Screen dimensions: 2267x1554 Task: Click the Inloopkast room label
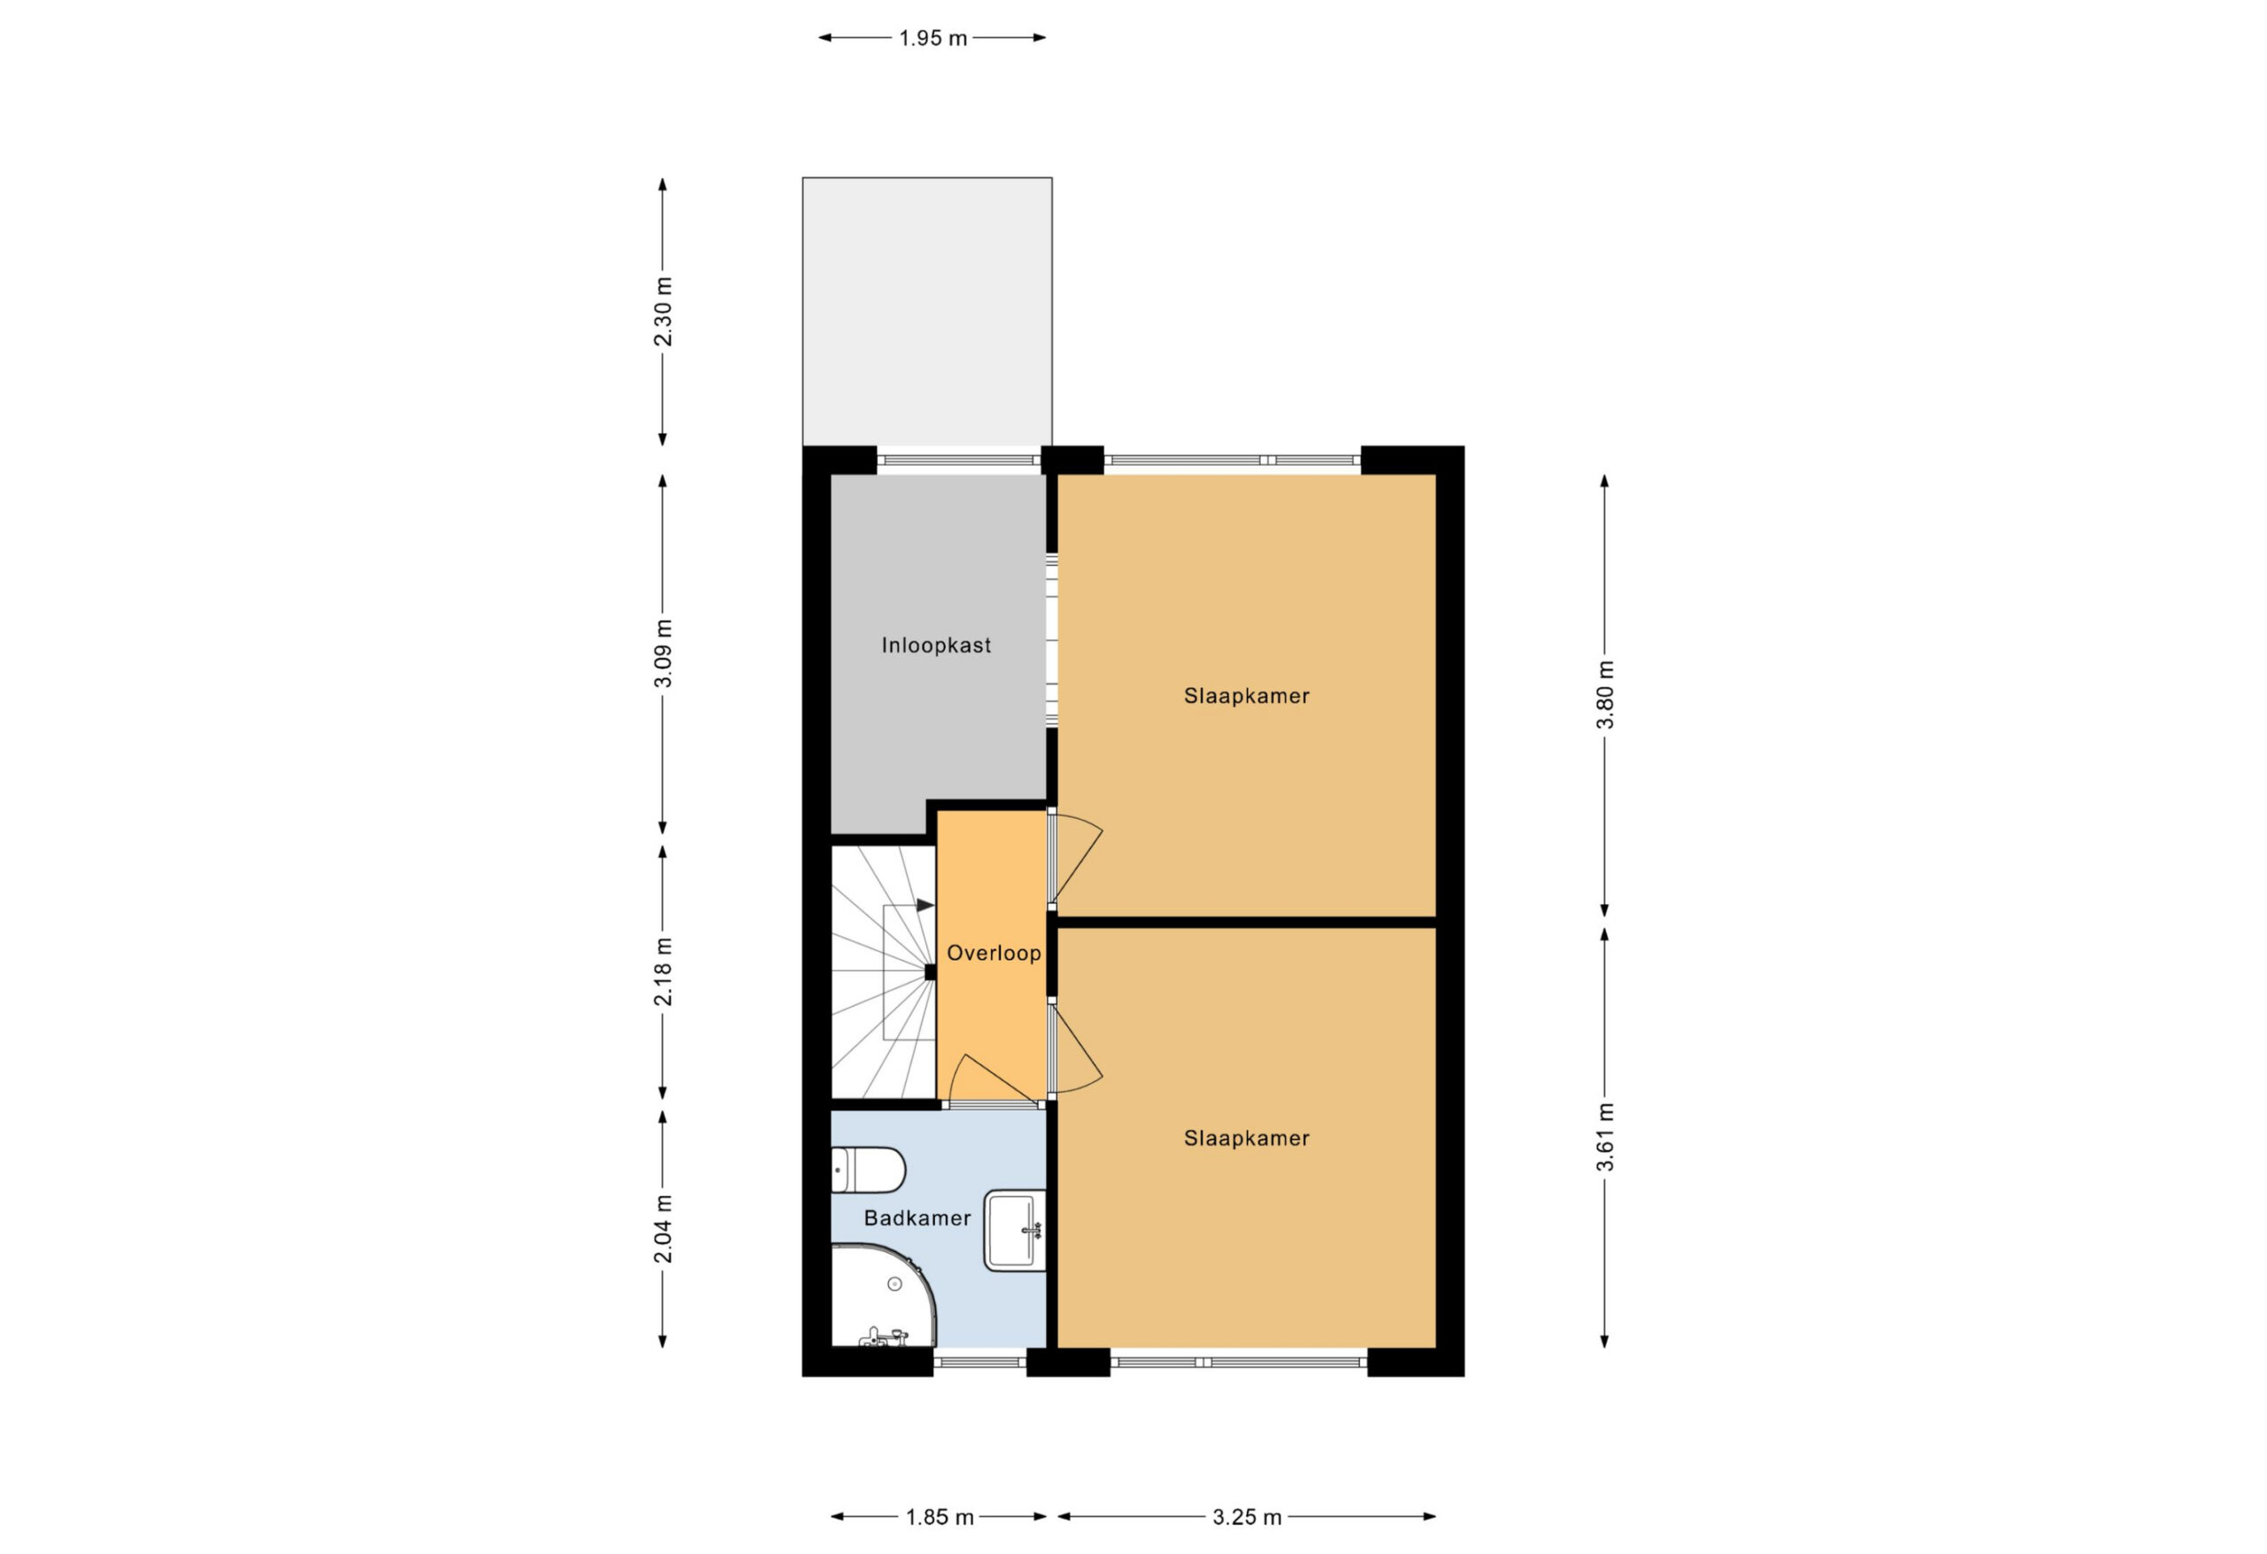pos(935,645)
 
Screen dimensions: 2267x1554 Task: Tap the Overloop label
pos(993,953)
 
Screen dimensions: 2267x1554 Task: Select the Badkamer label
pos(917,1218)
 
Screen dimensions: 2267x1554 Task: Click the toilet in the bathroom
pos(867,1171)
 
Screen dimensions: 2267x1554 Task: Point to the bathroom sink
pos(1015,1230)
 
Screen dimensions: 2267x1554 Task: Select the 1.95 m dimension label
pos(932,38)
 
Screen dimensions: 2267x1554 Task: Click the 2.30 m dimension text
pos(663,311)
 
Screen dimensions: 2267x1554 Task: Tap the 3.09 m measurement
pos(663,653)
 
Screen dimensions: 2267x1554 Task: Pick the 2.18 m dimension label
pos(663,970)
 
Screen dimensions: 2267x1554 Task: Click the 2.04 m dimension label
pos(663,1228)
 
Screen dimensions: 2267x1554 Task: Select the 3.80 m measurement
pos(1605,694)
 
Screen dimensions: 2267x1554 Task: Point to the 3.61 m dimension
pos(1605,1138)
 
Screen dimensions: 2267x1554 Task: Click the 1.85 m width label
pos(940,1517)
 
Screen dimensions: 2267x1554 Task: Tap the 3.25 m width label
pos(1247,1517)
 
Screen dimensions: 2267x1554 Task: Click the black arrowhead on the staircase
pos(925,905)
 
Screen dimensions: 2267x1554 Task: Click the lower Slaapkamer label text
pos(1246,1138)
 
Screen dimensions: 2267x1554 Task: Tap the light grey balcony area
pos(926,311)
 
